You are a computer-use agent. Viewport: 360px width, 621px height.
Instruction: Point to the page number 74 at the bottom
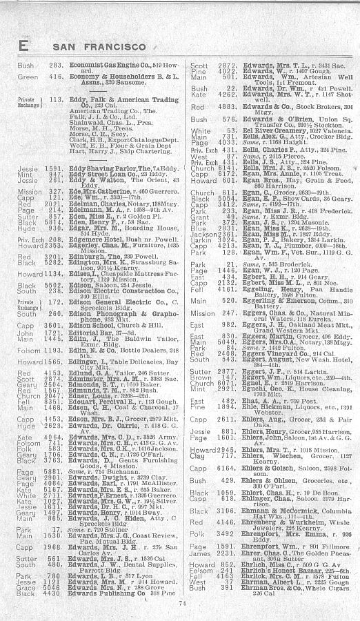(x=182, y=602)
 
